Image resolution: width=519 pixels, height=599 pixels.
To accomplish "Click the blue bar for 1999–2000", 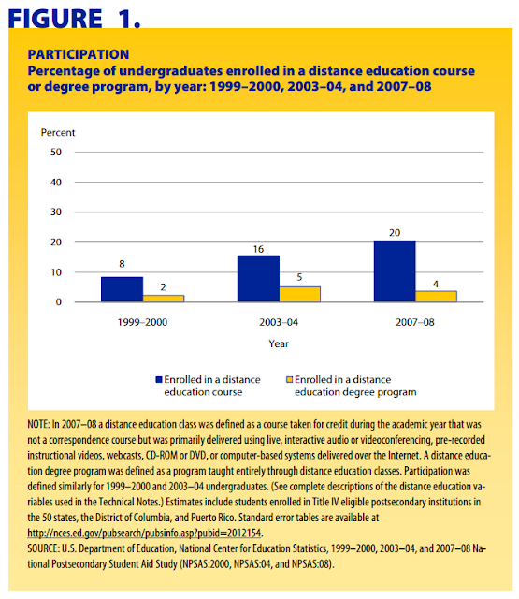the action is (x=123, y=289).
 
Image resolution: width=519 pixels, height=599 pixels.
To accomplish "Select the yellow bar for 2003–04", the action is (x=299, y=294).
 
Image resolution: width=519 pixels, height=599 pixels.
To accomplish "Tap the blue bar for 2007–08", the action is (x=395, y=271).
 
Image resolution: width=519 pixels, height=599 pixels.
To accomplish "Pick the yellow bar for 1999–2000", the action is (x=164, y=299).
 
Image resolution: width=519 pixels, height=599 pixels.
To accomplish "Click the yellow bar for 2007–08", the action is (x=436, y=297).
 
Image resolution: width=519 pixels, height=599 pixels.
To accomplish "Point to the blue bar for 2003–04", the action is (x=258, y=279).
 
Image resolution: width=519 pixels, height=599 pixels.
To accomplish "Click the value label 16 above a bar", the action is (x=258, y=249).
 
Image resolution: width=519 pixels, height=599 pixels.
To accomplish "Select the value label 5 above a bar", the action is (x=299, y=277).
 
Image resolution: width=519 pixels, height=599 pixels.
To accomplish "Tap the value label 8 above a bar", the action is (x=122, y=264).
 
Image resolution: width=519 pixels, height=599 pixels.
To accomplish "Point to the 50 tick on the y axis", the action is (x=56, y=152).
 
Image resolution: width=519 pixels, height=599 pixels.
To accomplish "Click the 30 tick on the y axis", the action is (x=56, y=212).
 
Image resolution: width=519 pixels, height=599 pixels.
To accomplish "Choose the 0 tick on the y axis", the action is (x=58, y=302).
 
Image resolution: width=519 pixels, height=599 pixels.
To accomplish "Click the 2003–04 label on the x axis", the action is (x=279, y=322).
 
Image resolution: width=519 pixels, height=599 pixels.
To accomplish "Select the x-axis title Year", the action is (x=279, y=343).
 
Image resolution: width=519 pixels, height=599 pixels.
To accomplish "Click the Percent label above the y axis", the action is (x=58, y=133).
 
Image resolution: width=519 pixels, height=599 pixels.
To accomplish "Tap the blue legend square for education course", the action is (x=159, y=379).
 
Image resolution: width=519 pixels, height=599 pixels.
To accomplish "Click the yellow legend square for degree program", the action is (x=289, y=379).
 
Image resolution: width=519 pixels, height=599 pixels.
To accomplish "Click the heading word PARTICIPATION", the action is (x=79, y=54).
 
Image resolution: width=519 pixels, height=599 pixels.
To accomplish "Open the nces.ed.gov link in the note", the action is (x=145, y=533).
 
